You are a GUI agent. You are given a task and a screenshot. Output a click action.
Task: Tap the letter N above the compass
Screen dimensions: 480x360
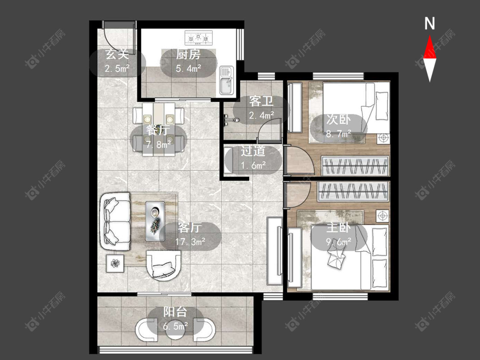(430, 23)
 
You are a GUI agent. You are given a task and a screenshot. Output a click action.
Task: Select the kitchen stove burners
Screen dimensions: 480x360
(198, 38)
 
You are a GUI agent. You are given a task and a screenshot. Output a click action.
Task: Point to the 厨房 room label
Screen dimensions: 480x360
(188, 55)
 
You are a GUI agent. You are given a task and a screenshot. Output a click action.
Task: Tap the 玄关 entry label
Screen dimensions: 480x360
(117, 55)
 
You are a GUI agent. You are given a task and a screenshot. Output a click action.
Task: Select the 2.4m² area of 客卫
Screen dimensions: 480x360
(262, 116)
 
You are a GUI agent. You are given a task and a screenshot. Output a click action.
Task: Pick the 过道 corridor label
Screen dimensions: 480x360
(253, 151)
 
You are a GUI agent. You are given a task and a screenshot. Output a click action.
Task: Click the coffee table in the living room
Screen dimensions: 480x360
(155, 221)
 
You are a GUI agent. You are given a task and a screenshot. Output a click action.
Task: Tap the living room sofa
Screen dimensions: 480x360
(115, 221)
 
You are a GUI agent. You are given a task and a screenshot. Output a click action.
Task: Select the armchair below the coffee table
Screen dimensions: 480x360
(163, 265)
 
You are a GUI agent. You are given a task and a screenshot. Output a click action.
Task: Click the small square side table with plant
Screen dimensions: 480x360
(115, 263)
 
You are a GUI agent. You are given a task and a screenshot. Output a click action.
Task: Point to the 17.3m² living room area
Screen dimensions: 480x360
(190, 242)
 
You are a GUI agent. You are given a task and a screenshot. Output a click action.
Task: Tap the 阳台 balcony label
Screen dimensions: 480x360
(175, 312)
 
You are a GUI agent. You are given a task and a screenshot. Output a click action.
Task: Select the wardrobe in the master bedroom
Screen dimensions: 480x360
(353, 192)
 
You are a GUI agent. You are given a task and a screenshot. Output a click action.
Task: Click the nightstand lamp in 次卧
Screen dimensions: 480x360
(383, 138)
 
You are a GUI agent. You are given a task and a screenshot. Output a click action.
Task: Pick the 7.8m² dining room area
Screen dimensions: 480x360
(158, 144)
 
